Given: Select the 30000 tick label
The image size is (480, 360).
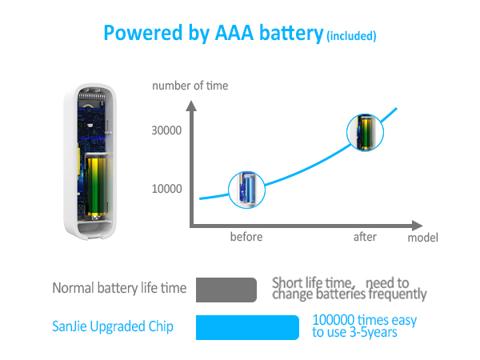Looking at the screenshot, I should pyautogui.click(x=166, y=130).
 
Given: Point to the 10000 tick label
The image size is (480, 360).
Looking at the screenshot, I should pyautogui.click(x=166, y=189).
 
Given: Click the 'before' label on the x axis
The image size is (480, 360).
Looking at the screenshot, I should pyautogui.click(x=246, y=237).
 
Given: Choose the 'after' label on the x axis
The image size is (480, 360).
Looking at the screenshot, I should pyautogui.click(x=366, y=237).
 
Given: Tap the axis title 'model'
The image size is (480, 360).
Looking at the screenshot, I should pyautogui.click(x=422, y=238).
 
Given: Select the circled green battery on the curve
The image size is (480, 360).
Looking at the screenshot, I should pyautogui.click(x=365, y=134).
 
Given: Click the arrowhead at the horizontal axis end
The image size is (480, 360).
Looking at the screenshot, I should pyautogui.click(x=419, y=224).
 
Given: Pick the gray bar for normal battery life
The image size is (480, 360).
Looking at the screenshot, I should pyautogui.click(x=226, y=290).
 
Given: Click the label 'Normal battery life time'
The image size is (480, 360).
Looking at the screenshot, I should pyautogui.click(x=119, y=288).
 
